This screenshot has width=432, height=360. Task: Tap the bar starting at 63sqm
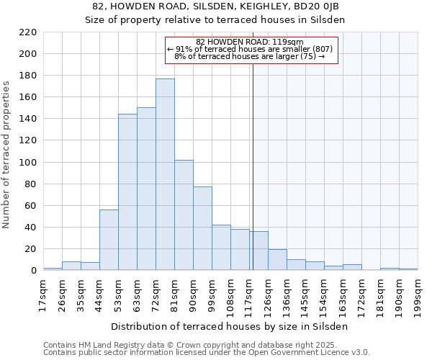(146, 189)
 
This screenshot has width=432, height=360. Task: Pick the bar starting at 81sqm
(184, 215)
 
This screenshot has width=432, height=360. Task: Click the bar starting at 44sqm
(109, 240)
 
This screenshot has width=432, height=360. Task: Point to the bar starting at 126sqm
(277, 260)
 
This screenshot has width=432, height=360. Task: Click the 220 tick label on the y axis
(28, 32)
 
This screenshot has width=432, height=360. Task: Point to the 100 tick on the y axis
(28, 163)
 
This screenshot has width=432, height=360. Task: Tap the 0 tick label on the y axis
(33, 271)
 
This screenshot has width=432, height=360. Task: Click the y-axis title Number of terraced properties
(6, 155)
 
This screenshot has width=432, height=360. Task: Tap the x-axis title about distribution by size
(230, 326)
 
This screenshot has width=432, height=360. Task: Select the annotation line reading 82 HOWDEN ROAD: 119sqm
(250, 42)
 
